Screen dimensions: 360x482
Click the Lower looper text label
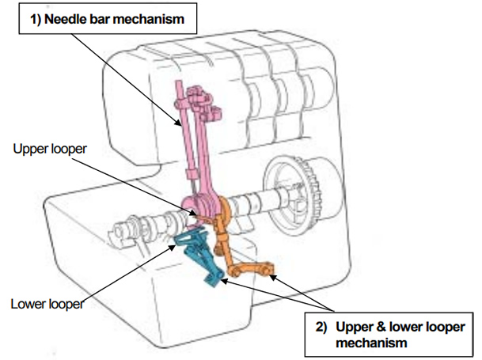pos(47,301)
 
